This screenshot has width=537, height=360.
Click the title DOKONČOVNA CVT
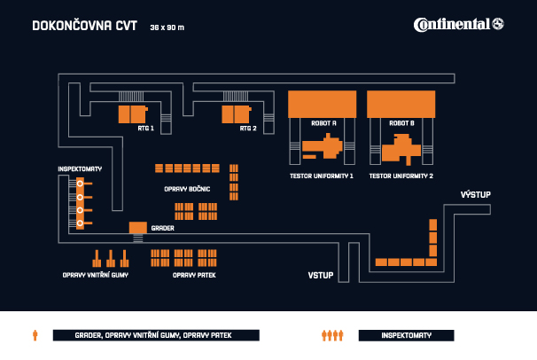tap(85, 26)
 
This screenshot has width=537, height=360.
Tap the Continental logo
tap(458, 24)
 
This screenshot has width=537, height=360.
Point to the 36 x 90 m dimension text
tap(167, 27)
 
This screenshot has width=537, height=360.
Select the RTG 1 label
tap(145, 129)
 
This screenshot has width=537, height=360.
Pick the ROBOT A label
tap(323, 123)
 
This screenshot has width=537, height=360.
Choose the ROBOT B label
tap(401, 123)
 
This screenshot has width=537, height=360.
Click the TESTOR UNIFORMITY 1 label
tap(322, 176)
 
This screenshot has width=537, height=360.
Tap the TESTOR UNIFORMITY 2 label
tap(401, 176)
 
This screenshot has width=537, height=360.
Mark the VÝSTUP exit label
tap(475, 194)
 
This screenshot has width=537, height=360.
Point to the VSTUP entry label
tap(321, 276)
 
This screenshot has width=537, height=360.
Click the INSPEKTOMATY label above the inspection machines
tap(80, 168)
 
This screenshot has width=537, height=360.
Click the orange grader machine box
tap(137, 228)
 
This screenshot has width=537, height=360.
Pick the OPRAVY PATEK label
tap(194, 276)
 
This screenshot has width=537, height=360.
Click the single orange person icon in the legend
tap(35, 335)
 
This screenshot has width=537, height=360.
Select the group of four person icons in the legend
tap(331, 335)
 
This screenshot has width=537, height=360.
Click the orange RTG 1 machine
tap(130, 114)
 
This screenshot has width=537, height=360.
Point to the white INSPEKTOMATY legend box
tap(406, 335)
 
